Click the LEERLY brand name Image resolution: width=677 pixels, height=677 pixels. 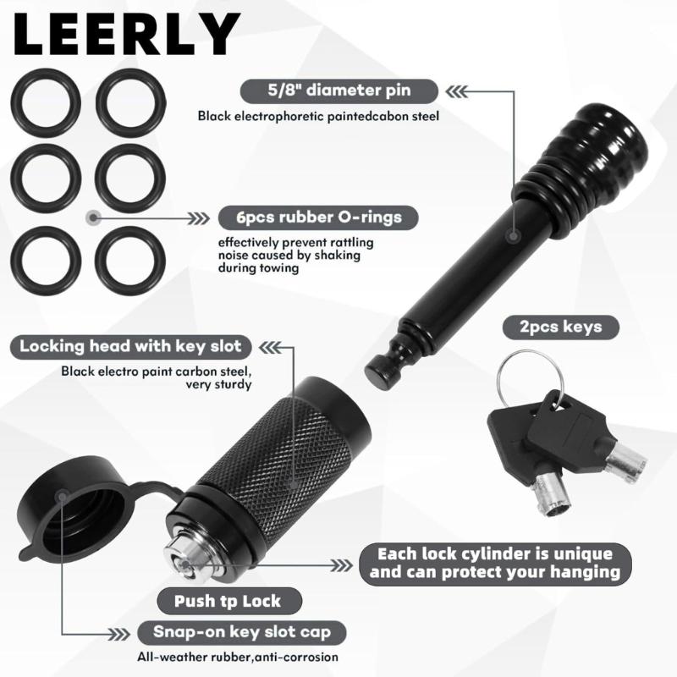(126, 34)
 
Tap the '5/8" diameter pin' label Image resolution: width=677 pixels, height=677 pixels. (339, 91)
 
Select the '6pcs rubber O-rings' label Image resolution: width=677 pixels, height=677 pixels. (319, 217)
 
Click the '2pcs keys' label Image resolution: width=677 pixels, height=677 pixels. (560, 327)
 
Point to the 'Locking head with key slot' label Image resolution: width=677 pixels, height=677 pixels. (130, 347)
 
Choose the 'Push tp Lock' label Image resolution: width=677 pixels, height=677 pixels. (228, 601)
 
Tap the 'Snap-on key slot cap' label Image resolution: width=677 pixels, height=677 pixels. (242, 632)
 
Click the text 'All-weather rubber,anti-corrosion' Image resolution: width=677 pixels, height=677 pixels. (238, 658)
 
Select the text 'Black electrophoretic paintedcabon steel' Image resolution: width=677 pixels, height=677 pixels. (318, 116)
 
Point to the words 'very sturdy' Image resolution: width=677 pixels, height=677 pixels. (218, 384)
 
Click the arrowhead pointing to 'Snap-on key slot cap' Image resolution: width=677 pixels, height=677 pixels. (119, 634)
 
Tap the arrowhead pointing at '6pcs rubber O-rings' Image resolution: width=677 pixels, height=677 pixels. (199, 219)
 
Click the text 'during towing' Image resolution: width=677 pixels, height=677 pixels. (258, 268)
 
